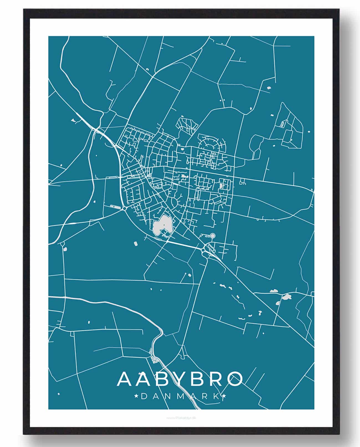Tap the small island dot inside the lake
click(x=164, y=224)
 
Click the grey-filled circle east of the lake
click(x=213, y=236)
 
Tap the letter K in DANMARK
click(x=216, y=397)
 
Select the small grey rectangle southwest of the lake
click(x=136, y=244)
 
